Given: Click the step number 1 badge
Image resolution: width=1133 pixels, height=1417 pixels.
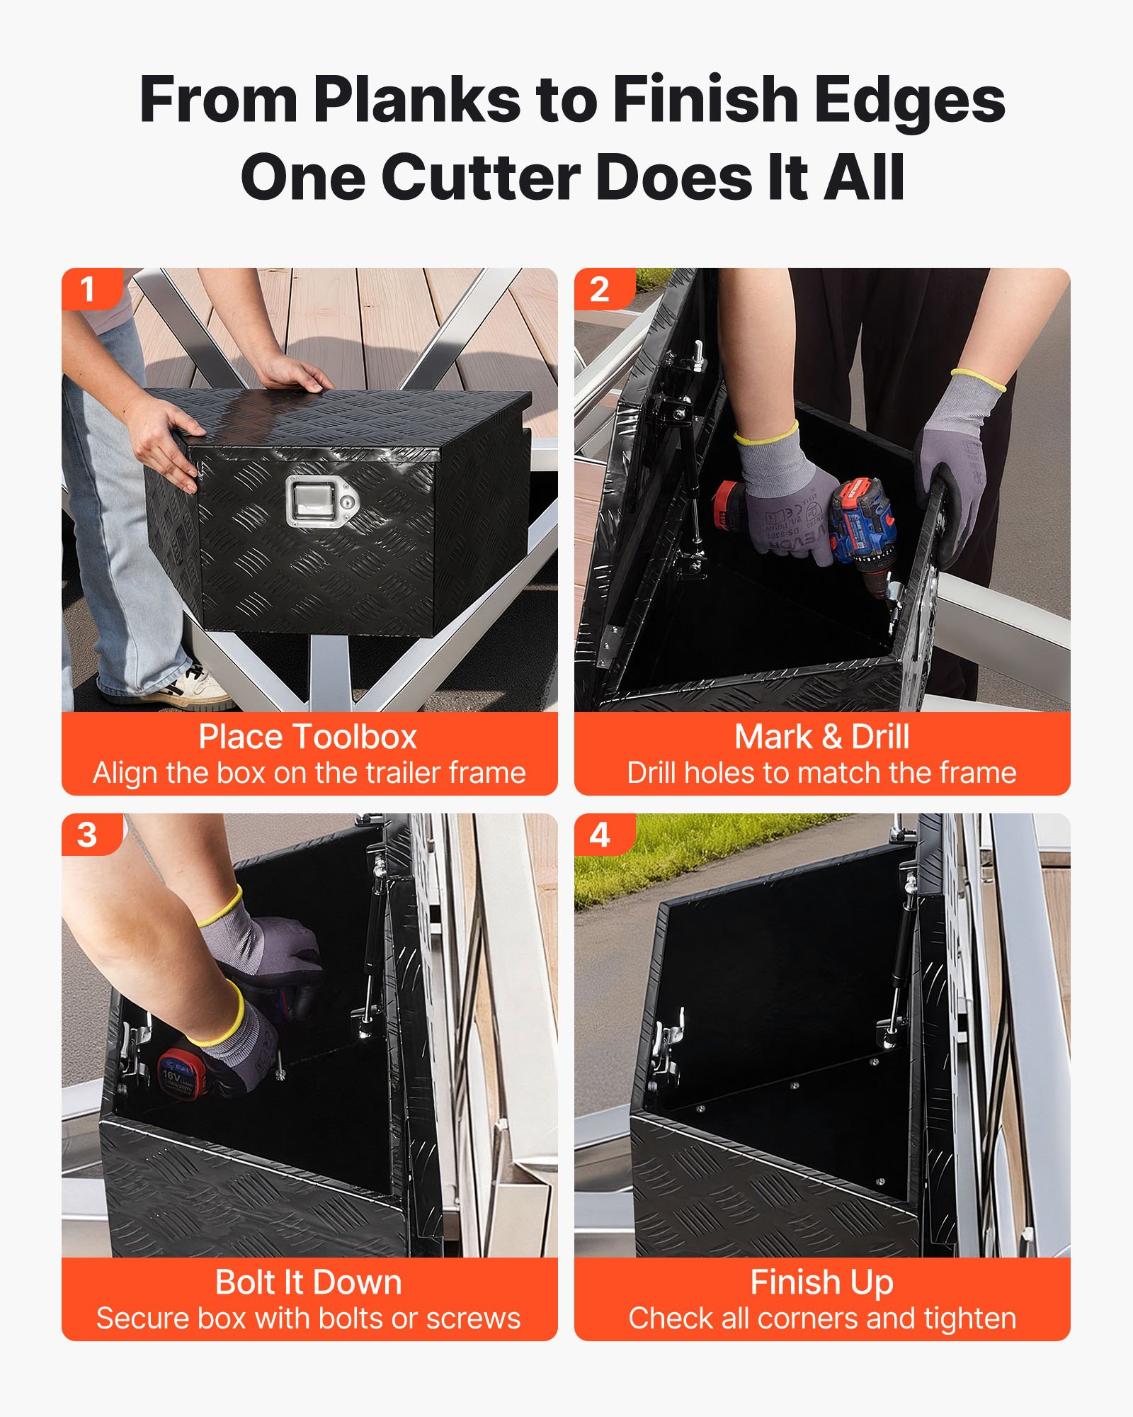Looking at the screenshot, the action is [88, 289].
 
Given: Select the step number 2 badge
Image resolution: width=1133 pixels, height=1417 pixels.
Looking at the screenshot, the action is [600, 289].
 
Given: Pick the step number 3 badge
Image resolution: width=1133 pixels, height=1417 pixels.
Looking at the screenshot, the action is [88, 835].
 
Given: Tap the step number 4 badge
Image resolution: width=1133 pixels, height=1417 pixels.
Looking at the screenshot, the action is [600, 835].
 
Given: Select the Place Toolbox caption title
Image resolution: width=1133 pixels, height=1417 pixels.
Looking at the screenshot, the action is [308, 737].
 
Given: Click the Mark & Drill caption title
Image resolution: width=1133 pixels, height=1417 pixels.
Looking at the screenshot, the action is [821, 737].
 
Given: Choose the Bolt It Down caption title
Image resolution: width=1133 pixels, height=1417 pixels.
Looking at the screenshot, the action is [308, 1282].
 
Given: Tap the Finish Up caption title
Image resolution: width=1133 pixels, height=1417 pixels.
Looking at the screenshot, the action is [821, 1282].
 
